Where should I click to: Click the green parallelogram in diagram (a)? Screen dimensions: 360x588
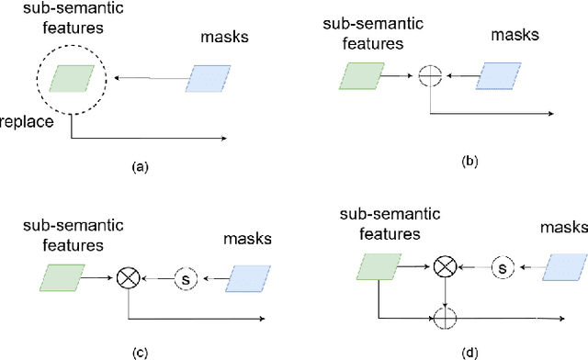[71, 80]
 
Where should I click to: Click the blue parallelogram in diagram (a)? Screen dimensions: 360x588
[210, 79]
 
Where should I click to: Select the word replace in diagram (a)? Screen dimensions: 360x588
[25, 121]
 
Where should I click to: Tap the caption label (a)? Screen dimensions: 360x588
[140, 166]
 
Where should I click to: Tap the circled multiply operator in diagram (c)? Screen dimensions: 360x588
[126, 275]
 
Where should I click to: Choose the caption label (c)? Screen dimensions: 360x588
[140, 347]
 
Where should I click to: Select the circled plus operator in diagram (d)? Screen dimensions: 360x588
[445, 319]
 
